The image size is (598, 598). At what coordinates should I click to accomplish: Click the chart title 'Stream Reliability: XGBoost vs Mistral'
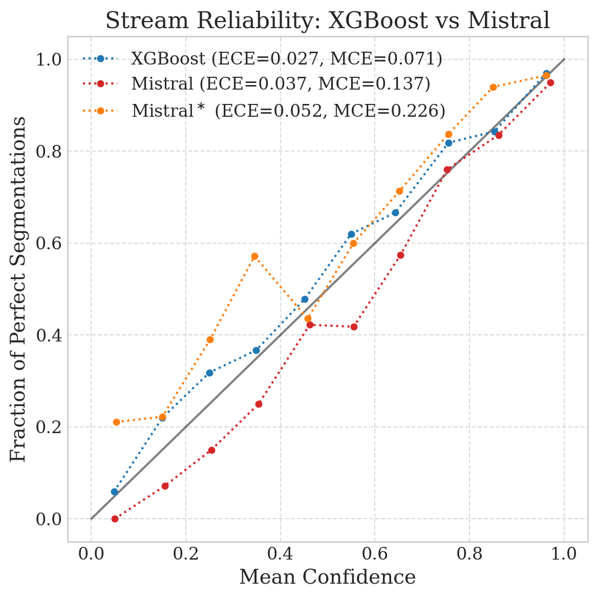click(328, 21)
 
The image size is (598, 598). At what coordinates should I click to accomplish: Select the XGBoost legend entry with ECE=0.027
click(286, 59)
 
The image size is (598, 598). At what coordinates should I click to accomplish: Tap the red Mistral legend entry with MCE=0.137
click(281, 84)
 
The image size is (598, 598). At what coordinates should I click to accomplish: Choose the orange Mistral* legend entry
click(288, 111)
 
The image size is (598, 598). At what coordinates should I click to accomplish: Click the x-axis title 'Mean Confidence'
click(328, 577)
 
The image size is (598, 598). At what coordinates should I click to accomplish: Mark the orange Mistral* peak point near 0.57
click(254, 256)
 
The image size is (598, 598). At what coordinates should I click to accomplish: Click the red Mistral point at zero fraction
click(115, 519)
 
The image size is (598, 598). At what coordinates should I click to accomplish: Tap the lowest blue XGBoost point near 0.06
click(114, 492)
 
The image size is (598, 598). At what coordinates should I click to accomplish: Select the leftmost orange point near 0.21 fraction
click(116, 422)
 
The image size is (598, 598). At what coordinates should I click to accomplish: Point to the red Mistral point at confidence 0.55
click(354, 327)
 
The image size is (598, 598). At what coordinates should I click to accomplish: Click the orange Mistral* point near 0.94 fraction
click(493, 87)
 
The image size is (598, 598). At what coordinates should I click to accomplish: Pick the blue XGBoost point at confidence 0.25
click(209, 373)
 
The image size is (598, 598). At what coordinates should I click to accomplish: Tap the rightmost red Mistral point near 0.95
click(550, 82)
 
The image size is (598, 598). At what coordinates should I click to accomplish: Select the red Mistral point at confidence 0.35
click(259, 404)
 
